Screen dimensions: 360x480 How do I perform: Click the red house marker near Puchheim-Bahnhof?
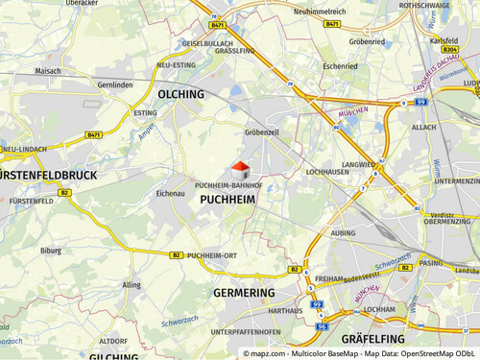tap(240, 169)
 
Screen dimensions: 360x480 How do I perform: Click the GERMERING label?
tap(244, 292)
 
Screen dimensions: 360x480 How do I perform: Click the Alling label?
tap(132, 285)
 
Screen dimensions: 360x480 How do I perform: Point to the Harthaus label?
tap(286, 312)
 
